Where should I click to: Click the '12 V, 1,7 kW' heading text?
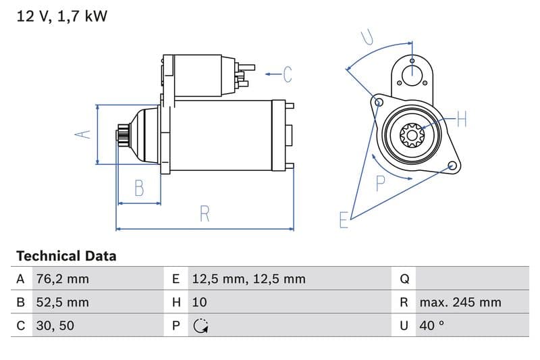click(x=61, y=17)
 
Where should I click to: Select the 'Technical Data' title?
click(x=66, y=256)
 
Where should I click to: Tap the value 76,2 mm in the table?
click(x=61, y=279)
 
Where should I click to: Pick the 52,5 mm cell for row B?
click(x=61, y=302)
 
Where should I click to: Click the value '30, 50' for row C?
click(x=55, y=326)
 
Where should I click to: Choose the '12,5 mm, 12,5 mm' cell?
click(x=248, y=279)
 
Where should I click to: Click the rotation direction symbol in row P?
click(x=200, y=326)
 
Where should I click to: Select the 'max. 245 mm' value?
click(x=460, y=302)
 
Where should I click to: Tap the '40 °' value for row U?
click(x=432, y=326)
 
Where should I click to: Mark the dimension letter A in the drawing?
click(x=82, y=134)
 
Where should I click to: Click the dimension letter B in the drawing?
click(x=139, y=188)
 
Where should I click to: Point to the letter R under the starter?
click(x=205, y=214)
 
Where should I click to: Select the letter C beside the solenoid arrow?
click(x=288, y=74)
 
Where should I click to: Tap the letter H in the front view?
click(x=462, y=120)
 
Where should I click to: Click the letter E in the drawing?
click(x=344, y=220)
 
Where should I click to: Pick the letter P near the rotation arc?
click(x=381, y=182)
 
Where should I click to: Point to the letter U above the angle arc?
click(x=368, y=36)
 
